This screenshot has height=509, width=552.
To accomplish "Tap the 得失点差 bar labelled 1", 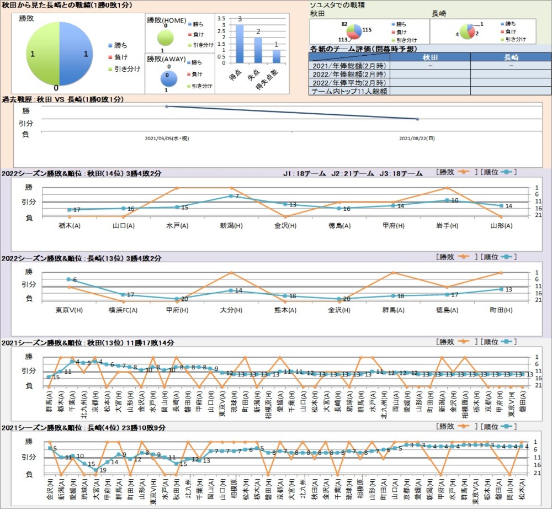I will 276,56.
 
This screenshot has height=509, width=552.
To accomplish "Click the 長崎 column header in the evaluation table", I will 511,57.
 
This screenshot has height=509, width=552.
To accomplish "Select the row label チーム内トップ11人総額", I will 349,91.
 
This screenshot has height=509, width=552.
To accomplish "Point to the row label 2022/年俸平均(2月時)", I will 349,82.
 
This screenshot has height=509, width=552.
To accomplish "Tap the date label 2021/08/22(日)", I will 417,138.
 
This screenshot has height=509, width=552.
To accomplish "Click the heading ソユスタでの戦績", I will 341,4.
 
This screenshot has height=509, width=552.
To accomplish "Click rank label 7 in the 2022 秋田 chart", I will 236,197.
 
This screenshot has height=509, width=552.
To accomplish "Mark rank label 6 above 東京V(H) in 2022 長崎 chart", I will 75,280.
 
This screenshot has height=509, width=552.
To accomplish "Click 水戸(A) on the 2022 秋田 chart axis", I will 177,226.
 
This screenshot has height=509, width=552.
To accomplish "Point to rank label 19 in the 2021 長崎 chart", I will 103,470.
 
